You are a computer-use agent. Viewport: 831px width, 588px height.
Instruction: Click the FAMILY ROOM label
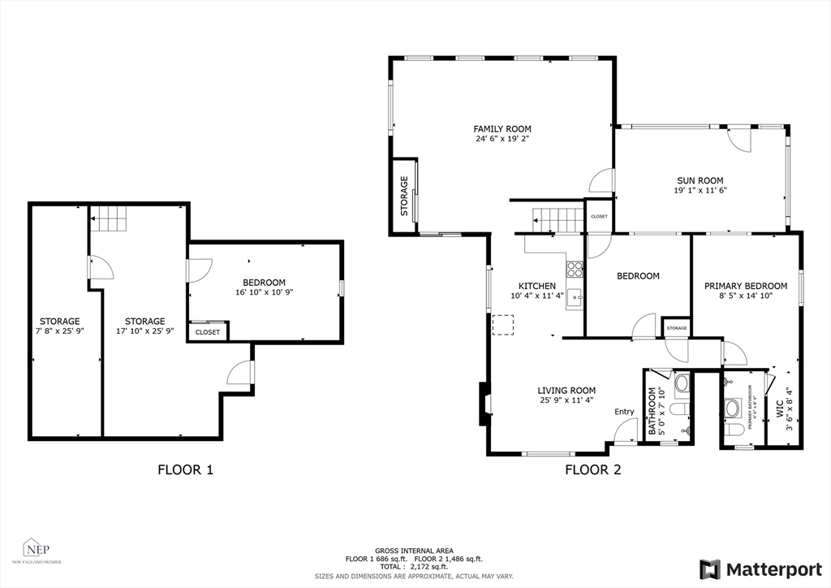click(x=502, y=128)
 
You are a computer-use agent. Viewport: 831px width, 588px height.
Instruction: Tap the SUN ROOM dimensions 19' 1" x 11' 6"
click(x=700, y=191)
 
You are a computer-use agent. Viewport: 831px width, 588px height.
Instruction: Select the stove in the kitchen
click(x=575, y=269)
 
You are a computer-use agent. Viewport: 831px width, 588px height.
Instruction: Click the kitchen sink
click(x=575, y=296)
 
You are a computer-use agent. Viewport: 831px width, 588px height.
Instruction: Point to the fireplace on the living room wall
click(x=484, y=404)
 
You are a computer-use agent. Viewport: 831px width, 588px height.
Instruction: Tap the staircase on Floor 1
click(x=108, y=218)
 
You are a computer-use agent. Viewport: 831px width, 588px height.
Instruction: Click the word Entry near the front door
click(x=624, y=412)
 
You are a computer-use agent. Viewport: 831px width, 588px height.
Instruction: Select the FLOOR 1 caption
click(x=185, y=469)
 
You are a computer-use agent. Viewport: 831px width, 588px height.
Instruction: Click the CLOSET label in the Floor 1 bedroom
click(x=207, y=332)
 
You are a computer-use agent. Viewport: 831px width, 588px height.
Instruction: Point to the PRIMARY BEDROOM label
click(x=745, y=286)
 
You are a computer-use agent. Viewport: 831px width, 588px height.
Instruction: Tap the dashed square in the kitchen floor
click(x=503, y=324)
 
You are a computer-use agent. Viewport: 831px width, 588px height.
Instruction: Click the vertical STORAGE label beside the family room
click(x=403, y=197)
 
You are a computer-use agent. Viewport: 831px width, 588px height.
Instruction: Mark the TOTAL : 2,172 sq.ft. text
click(x=415, y=566)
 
